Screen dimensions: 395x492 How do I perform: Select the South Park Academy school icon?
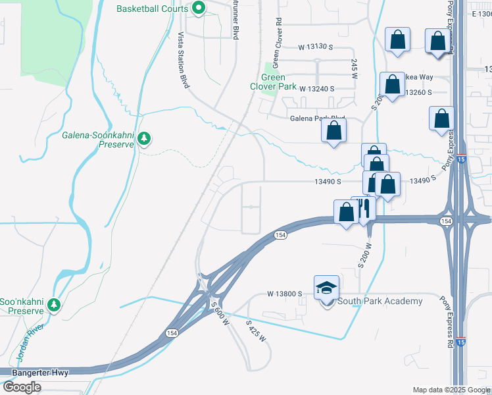tap(327, 287)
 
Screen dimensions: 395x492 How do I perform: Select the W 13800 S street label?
tap(284, 294)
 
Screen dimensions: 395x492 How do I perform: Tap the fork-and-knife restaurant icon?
tap(362, 209)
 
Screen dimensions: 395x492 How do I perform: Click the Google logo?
tap(22, 387)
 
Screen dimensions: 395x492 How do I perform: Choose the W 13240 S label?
tap(317, 88)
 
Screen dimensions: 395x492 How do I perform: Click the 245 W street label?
tap(354, 66)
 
